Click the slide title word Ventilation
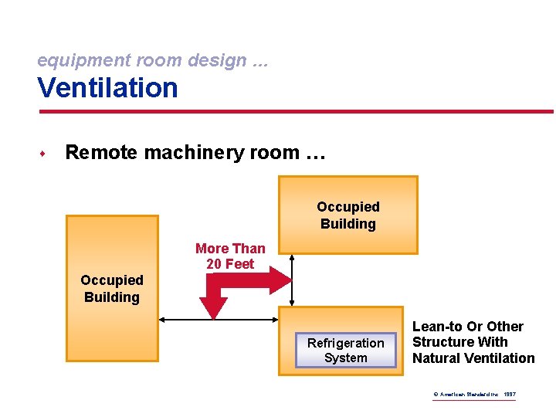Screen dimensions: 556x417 (x=107, y=87)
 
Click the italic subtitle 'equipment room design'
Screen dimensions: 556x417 (x=142, y=59)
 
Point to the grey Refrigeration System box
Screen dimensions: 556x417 (x=345, y=351)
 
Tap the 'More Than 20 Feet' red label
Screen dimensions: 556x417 (x=230, y=256)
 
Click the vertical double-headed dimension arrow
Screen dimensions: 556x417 (x=291, y=280)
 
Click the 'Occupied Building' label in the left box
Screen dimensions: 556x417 (x=112, y=288)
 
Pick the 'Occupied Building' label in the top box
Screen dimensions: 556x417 (x=348, y=215)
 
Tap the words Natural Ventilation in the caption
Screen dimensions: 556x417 (x=473, y=358)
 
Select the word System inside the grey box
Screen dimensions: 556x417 (x=346, y=358)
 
